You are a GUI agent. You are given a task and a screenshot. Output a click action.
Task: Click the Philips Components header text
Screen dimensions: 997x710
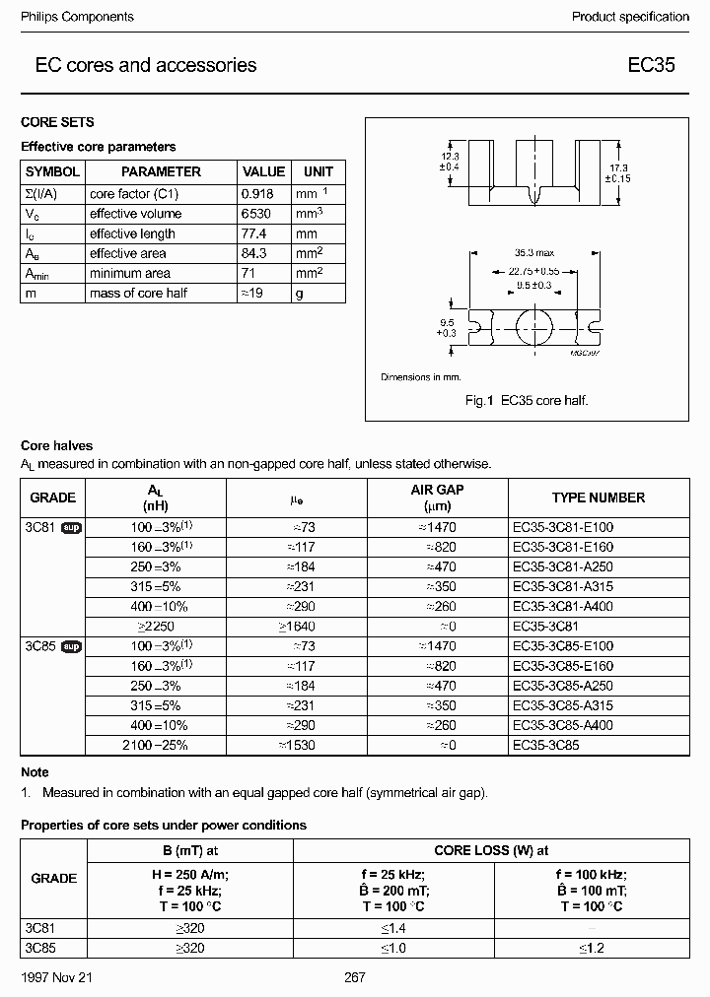click(77, 17)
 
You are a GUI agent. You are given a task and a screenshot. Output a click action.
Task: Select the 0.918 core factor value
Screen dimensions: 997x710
click(257, 194)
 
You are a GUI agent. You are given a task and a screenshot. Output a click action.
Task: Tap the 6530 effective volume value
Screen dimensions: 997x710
click(257, 214)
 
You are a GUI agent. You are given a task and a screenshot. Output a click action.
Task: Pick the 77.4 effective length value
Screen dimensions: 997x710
click(255, 233)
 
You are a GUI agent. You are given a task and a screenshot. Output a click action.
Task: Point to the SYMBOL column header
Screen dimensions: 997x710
click(51, 171)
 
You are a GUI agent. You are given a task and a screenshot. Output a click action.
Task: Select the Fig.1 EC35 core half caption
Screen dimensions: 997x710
click(526, 400)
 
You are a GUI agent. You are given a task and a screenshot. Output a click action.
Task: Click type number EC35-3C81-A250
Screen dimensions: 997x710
click(563, 566)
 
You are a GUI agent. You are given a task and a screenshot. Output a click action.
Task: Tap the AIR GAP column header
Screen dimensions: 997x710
click(437, 498)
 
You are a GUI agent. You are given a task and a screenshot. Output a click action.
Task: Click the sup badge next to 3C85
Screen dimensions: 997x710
click(71, 646)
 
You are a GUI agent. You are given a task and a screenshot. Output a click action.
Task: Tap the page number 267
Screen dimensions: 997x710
click(354, 977)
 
